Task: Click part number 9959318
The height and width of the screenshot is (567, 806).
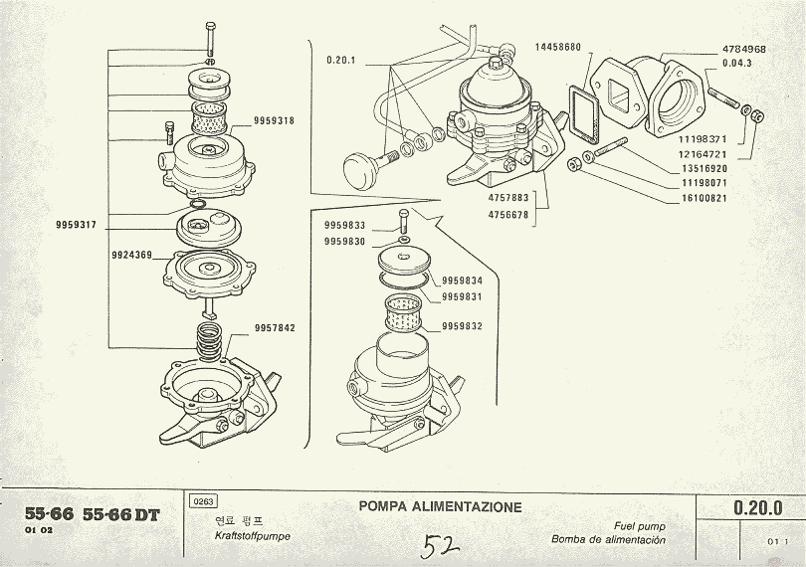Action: pyautogui.click(x=275, y=121)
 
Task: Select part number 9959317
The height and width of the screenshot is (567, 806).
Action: pyautogui.click(x=76, y=226)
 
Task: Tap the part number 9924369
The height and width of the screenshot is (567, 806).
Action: pyautogui.click(x=131, y=256)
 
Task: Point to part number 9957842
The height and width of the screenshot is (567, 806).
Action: pyautogui.click(x=275, y=327)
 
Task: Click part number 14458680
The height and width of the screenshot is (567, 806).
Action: pyautogui.click(x=557, y=47)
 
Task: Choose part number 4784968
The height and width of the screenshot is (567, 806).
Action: pyautogui.click(x=743, y=49)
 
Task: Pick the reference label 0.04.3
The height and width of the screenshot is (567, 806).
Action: pyautogui.click(x=737, y=64)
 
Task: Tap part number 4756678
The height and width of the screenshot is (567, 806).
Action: pyautogui.click(x=508, y=213)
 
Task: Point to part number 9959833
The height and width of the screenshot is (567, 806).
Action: pyautogui.click(x=344, y=227)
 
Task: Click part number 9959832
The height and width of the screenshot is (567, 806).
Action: pyautogui.click(x=462, y=325)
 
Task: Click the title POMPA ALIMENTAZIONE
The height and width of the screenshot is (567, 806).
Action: pyautogui.click(x=440, y=506)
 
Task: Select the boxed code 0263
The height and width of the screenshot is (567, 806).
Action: pyautogui.click(x=202, y=502)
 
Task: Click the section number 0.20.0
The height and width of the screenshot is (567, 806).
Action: pyautogui.click(x=757, y=507)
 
